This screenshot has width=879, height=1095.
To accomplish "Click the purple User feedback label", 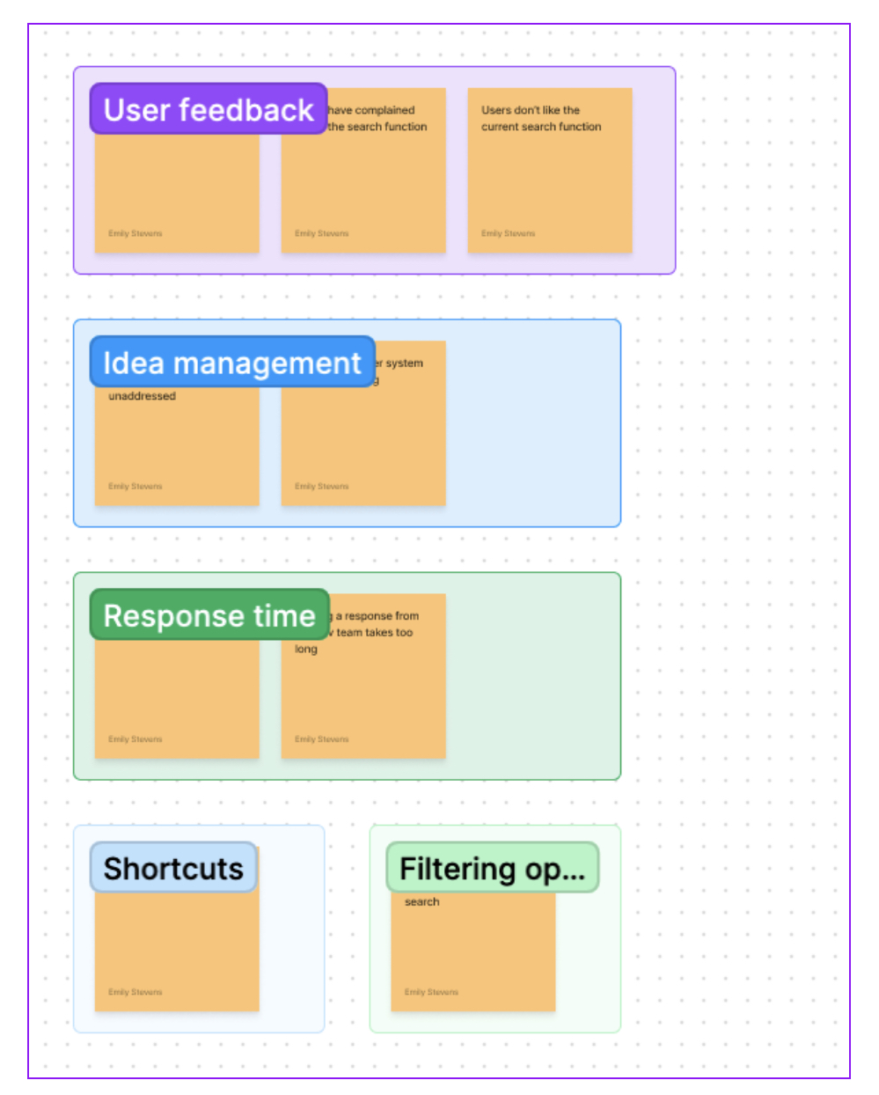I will [x=209, y=109].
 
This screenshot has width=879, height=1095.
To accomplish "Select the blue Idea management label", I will [x=232, y=362].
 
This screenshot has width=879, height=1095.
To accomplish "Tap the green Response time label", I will [x=209, y=614].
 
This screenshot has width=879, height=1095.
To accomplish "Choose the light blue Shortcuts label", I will [x=173, y=868].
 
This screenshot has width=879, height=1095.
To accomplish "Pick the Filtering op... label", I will [x=492, y=868].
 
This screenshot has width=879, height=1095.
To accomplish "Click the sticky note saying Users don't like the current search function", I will [x=549, y=176].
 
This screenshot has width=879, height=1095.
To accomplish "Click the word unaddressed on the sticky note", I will [x=142, y=396].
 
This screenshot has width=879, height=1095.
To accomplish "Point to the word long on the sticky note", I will [x=305, y=649].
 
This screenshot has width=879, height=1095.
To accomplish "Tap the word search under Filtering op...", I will [x=421, y=901].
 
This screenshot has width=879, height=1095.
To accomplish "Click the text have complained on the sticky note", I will [x=370, y=110].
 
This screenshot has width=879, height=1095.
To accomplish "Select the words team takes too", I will [x=374, y=632].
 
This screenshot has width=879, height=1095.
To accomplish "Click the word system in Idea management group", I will [x=404, y=363].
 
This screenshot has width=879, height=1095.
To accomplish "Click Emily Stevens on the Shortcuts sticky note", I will [x=135, y=992].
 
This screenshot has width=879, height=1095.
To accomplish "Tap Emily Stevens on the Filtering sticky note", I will [x=431, y=992].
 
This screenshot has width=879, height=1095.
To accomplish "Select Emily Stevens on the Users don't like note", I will [x=508, y=233].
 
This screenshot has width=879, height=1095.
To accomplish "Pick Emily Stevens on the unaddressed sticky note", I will [x=135, y=486].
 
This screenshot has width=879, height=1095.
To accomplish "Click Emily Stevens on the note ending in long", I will [x=321, y=739].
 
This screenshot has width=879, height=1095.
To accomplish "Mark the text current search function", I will [x=541, y=127].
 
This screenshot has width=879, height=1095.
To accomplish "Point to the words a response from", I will [x=377, y=616].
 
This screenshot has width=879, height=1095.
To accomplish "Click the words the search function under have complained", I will [x=377, y=127].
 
